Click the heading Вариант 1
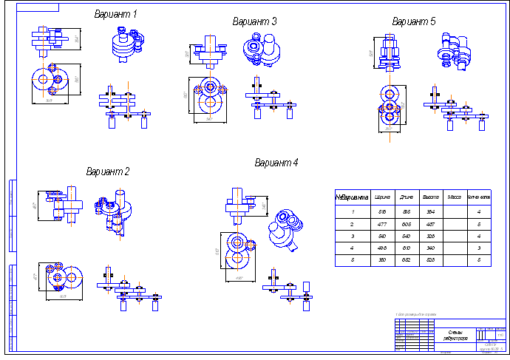[x=115, y=14]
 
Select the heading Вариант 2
[x=108, y=172]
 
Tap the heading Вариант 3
[x=254, y=21]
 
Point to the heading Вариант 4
[x=276, y=163]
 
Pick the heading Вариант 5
[x=414, y=21]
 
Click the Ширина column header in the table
[x=383, y=198]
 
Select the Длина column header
[x=407, y=198]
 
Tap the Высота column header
[x=430, y=198]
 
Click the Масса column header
[x=455, y=198]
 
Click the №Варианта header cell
[x=353, y=198]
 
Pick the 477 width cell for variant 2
[x=383, y=224]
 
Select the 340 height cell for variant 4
[x=430, y=248]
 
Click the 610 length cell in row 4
[x=407, y=248]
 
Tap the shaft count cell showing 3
[x=479, y=248]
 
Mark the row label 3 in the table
[x=353, y=236]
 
